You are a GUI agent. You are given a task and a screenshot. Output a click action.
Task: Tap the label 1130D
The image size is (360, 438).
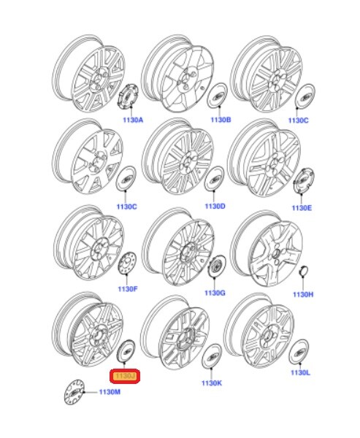click(215, 207)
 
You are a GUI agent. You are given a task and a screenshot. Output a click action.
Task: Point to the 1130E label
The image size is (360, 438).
click(302, 208)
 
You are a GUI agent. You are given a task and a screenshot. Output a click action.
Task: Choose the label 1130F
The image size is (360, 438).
click(127, 290)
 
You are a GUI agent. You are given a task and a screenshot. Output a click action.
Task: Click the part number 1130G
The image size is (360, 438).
click(215, 293)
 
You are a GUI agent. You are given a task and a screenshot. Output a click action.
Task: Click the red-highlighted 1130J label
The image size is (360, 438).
click(124, 376)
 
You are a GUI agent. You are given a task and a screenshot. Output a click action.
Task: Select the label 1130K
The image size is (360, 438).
click(212, 383)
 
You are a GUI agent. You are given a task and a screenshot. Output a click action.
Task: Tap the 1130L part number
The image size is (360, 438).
click(300, 373)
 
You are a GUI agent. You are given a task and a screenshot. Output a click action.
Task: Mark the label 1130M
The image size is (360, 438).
click(109, 393)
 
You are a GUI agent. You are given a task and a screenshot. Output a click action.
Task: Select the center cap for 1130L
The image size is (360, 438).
click(299, 351)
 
